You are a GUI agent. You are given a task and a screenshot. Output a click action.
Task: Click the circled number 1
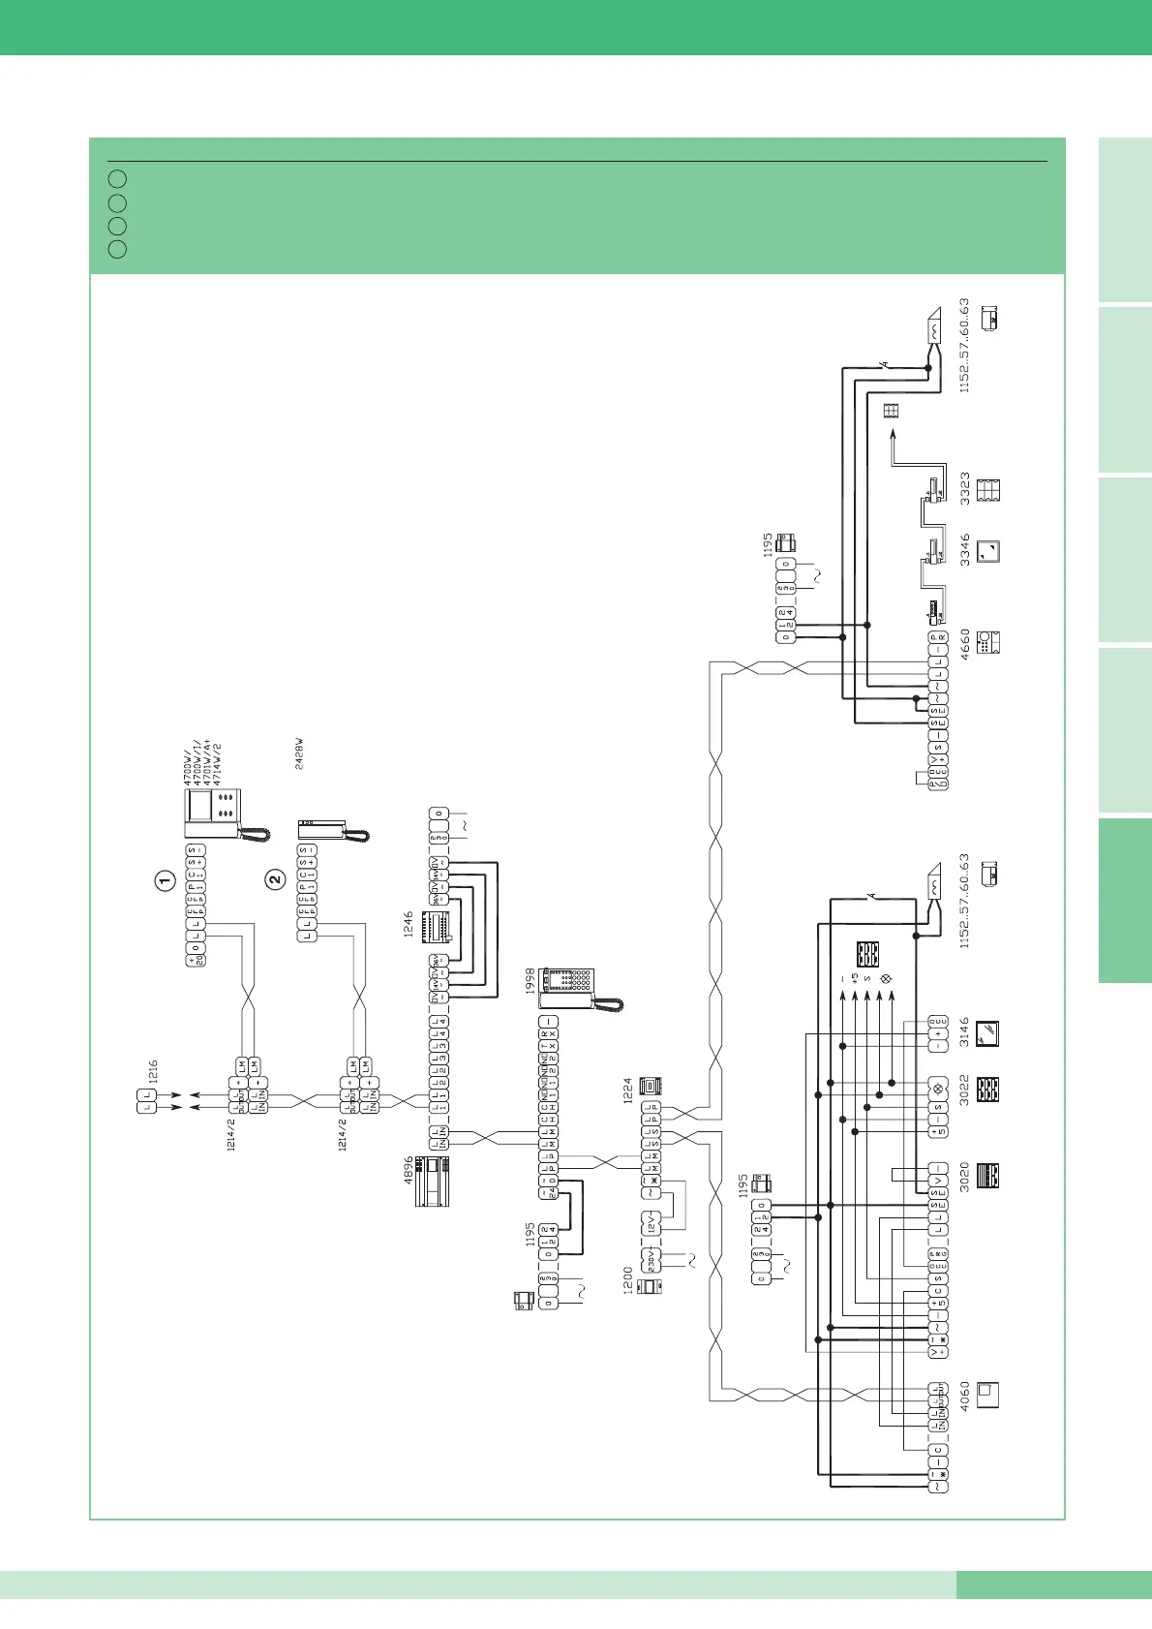[165, 880]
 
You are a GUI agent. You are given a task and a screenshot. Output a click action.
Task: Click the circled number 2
[275, 880]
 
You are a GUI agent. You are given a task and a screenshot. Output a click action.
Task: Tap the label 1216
[153, 1071]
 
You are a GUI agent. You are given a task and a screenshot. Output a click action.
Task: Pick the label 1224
[627, 1090]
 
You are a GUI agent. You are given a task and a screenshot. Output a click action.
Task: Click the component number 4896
[409, 1170]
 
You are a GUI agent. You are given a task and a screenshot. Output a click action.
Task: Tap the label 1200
[627, 1280]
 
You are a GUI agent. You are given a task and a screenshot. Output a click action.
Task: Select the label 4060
[964, 1395]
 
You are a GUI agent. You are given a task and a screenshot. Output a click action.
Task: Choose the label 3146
[964, 1035]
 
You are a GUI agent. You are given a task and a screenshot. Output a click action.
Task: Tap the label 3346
[964, 549]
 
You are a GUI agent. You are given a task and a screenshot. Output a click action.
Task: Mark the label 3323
[964, 488]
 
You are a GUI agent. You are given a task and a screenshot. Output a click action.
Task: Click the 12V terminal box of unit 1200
[651, 1223]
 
